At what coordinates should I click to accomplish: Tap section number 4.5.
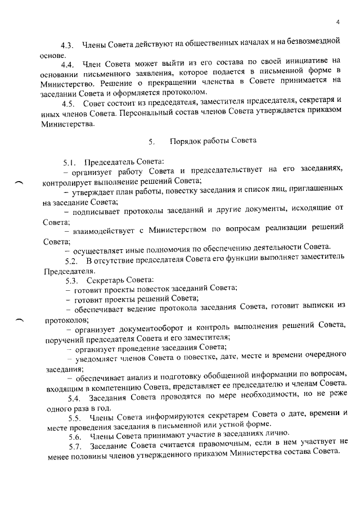(69, 105)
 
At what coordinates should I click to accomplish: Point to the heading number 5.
(151, 141)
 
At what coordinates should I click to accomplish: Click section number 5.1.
(70, 163)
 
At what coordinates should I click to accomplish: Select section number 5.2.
(71, 262)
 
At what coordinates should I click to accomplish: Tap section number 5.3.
(71, 280)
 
